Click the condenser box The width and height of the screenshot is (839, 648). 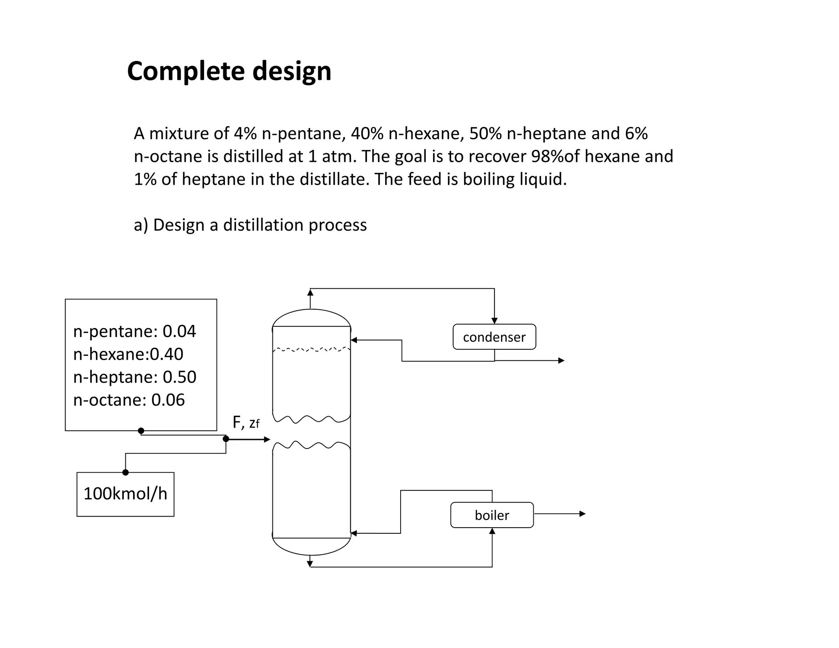click(x=494, y=337)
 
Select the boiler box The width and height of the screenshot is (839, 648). click(x=492, y=515)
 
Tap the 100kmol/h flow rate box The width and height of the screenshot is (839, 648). click(x=125, y=494)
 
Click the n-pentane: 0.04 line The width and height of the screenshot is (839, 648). click(x=134, y=331)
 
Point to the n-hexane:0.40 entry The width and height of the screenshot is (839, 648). click(x=128, y=354)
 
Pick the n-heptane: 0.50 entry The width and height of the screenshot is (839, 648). click(x=135, y=377)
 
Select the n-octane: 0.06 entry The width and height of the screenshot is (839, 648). click(x=129, y=400)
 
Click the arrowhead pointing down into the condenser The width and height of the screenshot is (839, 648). click(x=494, y=321)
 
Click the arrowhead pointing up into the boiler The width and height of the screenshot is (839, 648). click(x=492, y=531)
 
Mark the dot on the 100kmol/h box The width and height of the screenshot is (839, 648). click(x=126, y=472)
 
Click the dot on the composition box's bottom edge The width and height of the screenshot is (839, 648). click(x=141, y=430)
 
